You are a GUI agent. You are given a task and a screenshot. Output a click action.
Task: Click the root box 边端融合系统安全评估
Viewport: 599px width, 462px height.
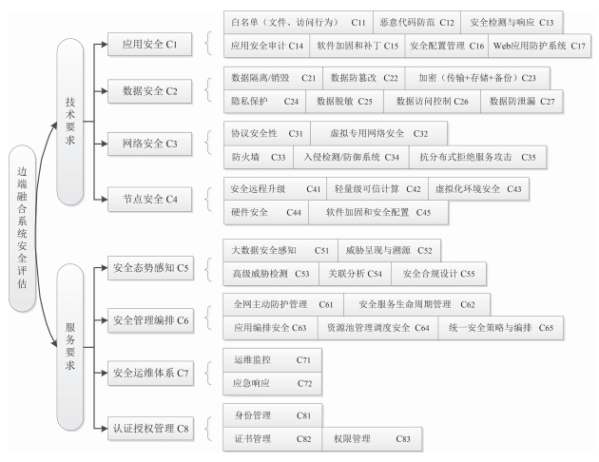(22, 228)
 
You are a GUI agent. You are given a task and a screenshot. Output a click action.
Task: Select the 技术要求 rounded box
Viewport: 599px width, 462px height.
(70, 122)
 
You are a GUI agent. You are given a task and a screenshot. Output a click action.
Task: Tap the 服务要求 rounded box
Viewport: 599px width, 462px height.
(70, 347)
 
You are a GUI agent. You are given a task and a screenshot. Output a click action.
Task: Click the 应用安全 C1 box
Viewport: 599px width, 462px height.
(150, 45)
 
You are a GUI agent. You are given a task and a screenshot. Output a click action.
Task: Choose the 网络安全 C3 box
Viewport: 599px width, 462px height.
(150, 144)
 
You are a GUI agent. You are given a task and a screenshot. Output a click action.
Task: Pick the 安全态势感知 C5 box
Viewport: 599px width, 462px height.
(150, 268)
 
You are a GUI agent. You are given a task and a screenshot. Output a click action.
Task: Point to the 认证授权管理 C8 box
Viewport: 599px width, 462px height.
(150, 429)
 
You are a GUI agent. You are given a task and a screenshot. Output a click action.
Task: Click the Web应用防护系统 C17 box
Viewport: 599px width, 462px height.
(539, 47)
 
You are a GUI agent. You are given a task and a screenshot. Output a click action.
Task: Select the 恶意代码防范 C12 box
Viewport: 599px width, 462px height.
(416, 23)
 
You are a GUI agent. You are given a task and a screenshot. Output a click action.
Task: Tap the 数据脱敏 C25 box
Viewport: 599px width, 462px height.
(344, 102)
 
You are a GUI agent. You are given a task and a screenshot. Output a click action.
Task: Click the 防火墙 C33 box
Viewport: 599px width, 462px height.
(259, 157)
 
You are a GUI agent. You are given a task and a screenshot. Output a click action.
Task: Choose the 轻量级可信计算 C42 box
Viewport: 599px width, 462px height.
(377, 189)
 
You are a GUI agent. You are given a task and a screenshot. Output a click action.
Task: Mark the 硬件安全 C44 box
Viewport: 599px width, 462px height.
(266, 213)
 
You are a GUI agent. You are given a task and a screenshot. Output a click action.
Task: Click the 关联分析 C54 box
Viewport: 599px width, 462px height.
(355, 274)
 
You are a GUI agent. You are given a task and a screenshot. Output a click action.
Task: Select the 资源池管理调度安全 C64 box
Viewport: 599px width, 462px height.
(377, 328)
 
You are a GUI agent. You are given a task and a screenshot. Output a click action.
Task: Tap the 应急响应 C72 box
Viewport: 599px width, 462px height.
(272, 383)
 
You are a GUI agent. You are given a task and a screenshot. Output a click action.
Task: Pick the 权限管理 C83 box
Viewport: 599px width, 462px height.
(372, 439)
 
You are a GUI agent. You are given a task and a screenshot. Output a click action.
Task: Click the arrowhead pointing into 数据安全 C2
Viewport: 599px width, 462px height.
(105, 91)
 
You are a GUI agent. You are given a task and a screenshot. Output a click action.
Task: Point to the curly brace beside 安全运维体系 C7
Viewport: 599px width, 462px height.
(208, 373)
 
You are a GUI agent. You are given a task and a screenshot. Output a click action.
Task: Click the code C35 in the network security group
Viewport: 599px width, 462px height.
(529, 157)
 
